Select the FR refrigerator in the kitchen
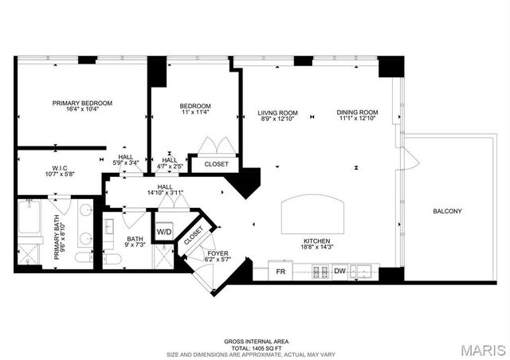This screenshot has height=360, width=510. coord(280,272)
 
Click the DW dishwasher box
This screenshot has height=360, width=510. coord(339,272)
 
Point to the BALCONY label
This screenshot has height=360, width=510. coord(447,211)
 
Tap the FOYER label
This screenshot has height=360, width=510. coord(218,253)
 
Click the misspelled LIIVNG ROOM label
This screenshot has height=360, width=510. coord(277,112)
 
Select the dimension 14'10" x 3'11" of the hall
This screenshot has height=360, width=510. coord(165,192)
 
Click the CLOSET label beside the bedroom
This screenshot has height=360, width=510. coord(216,164)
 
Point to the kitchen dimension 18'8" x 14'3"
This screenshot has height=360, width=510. coord(316,248)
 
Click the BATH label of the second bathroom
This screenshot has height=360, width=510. coord(135,238)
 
